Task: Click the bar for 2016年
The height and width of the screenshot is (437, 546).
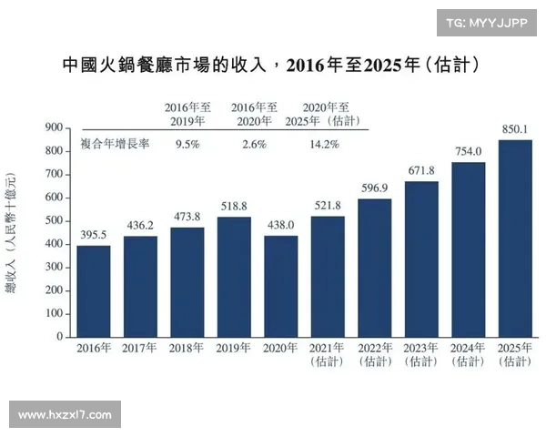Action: (x=94, y=291)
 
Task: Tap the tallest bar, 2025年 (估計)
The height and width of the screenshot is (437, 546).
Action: (x=515, y=239)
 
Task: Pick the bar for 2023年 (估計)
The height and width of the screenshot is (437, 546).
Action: (x=421, y=259)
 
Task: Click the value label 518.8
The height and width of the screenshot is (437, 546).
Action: (x=234, y=208)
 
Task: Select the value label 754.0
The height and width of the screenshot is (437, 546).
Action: (x=469, y=152)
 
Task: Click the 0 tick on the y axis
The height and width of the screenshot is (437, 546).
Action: (x=59, y=337)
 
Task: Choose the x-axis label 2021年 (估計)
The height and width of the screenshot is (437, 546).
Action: (x=328, y=356)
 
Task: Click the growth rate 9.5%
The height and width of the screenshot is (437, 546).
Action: (x=187, y=144)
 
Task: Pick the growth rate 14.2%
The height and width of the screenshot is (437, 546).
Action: (x=324, y=144)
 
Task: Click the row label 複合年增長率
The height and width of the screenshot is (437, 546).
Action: (x=116, y=144)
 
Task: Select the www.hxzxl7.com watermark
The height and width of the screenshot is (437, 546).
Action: (x=65, y=415)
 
